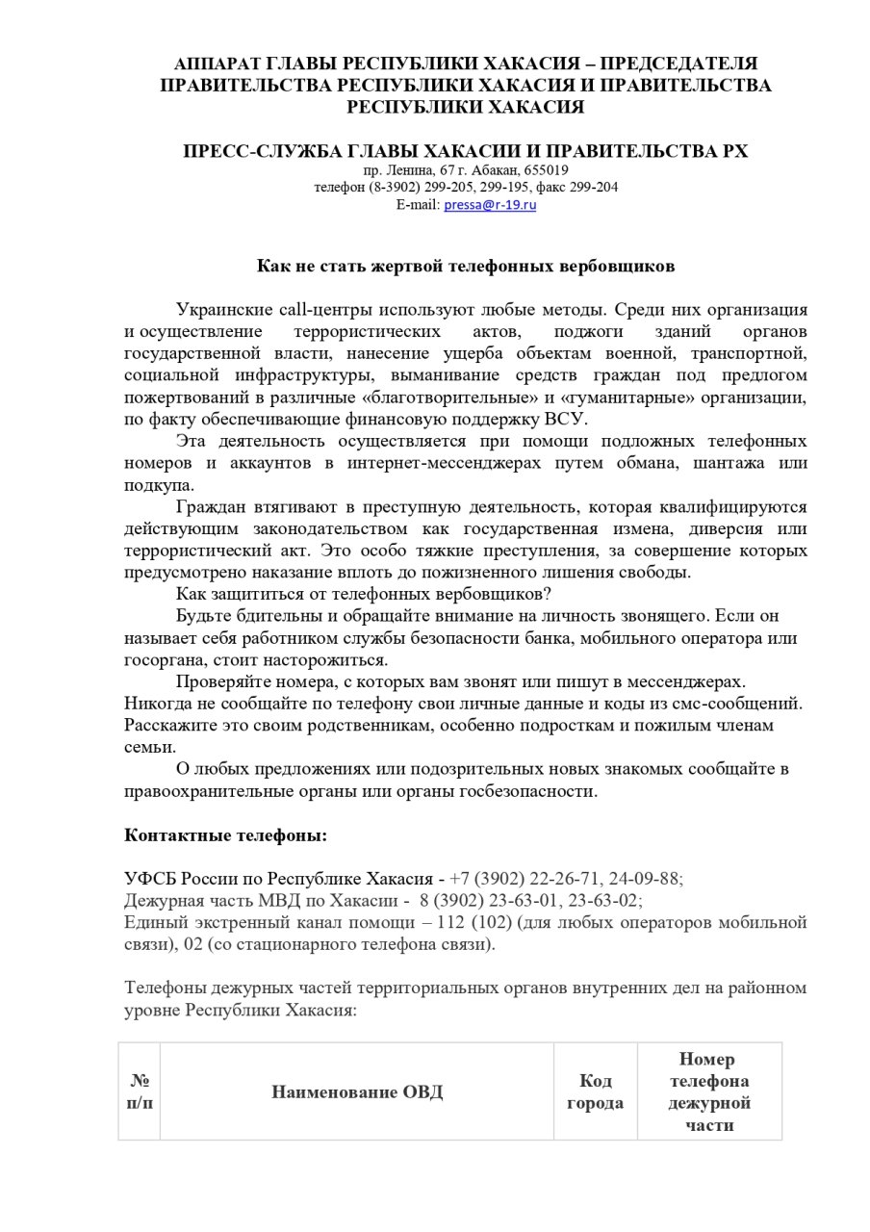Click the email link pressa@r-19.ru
pyautogui.click(x=490, y=205)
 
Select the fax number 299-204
pyautogui.click(x=596, y=188)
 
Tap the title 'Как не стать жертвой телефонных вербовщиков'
pyautogui.click(x=465, y=265)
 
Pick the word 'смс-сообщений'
pyautogui.click(x=741, y=703)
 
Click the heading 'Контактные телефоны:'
pyautogui.click(x=225, y=835)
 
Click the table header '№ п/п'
pyautogui.click(x=140, y=1091)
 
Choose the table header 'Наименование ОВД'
pyautogui.click(x=357, y=1091)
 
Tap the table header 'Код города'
pyautogui.click(x=595, y=1091)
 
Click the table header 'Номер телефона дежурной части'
pyautogui.click(x=709, y=1091)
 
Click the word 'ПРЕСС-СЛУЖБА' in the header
pyautogui.click(x=262, y=151)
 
